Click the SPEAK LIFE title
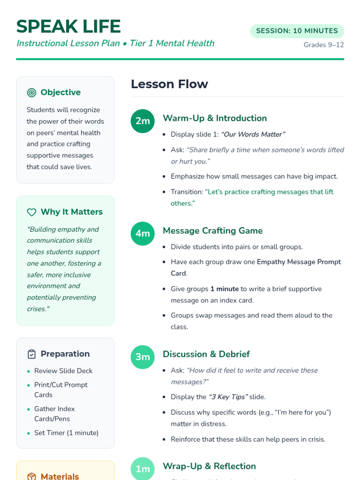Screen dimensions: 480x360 coord(68,26)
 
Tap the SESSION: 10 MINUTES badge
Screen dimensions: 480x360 coord(297,31)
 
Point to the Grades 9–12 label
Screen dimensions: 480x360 coord(323,45)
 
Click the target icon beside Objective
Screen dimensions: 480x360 coord(31,93)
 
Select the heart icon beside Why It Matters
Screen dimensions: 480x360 coord(31,212)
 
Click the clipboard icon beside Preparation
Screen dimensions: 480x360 coord(31,354)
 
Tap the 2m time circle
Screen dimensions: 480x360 coord(142,121)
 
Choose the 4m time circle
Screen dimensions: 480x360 coord(142,233)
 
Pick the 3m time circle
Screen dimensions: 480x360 coord(142,357)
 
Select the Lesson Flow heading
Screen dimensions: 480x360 coord(169,84)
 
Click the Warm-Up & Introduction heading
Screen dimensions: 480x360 coord(214,118)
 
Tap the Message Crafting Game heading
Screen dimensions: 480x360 coord(212,231)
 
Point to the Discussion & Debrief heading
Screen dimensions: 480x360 coord(206,354)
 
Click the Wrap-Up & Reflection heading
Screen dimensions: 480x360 coord(209,466)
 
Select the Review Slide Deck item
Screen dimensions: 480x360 coord(63,371)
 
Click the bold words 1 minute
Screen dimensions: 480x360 coord(224,289)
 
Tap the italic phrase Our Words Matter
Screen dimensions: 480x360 coord(253,134)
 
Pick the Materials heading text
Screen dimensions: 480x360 coord(60,476)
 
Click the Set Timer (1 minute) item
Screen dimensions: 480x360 coord(66,433)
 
